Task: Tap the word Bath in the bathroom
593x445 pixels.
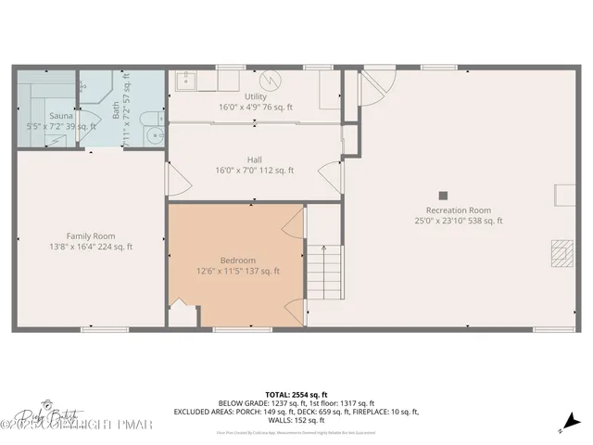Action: point(116,111)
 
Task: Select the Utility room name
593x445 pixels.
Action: point(255,96)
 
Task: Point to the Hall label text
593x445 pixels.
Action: point(255,159)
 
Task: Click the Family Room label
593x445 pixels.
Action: point(90,235)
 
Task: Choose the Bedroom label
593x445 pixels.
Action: point(237,261)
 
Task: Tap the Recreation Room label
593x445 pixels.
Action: point(458,210)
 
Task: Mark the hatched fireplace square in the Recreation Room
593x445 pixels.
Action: point(561,254)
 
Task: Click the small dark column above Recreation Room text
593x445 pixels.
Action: point(444,195)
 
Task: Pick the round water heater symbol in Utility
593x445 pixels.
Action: point(271,81)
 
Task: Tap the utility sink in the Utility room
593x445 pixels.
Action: point(185,81)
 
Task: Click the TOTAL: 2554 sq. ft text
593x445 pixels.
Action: point(296,394)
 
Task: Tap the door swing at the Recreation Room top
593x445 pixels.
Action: point(376,87)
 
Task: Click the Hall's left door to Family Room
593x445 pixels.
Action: point(169,180)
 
